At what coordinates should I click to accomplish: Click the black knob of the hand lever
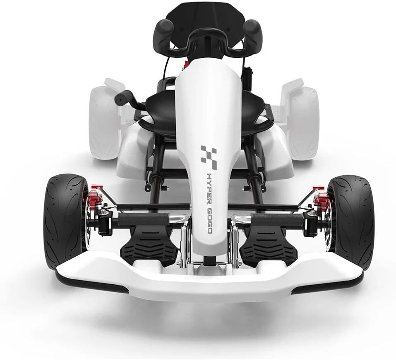click(122, 97)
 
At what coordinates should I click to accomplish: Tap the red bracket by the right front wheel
click(320, 196)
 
